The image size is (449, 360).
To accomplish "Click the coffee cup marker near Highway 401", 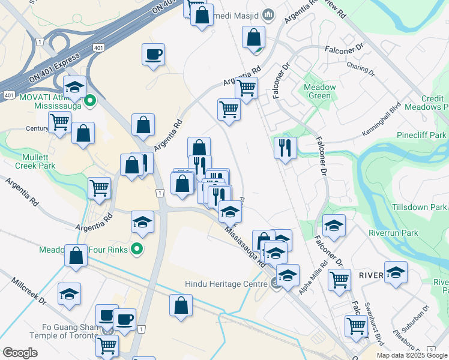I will tap(154, 54).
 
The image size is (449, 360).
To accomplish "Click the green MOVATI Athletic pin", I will tap(90, 101).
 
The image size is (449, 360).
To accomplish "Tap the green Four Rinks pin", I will tap(137, 247).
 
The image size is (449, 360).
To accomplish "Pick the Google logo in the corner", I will tap(20, 353).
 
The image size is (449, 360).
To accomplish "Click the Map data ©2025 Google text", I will tap(412, 355).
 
